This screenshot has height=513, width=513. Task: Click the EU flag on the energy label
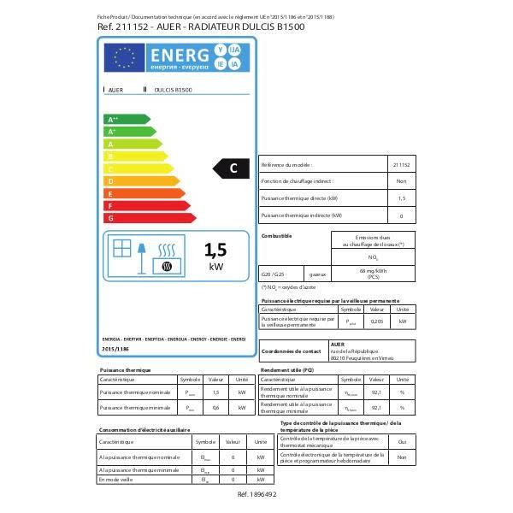(124, 57)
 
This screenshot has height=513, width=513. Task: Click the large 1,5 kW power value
(215, 250)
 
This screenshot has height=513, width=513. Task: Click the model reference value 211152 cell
(401, 164)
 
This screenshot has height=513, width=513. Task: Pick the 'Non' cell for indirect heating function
(401, 181)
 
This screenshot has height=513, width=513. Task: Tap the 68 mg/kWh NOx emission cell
(374, 274)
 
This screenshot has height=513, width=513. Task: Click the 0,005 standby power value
(376, 321)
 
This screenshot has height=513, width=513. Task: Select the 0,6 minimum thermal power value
(215, 409)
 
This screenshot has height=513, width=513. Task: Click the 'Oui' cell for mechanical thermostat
(402, 441)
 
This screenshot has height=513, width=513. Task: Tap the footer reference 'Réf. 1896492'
(256, 494)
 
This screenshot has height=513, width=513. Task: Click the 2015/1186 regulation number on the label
(114, 349)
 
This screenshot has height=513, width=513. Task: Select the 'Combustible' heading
(276, 235)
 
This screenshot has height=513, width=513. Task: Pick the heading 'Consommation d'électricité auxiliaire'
(144, 430)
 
